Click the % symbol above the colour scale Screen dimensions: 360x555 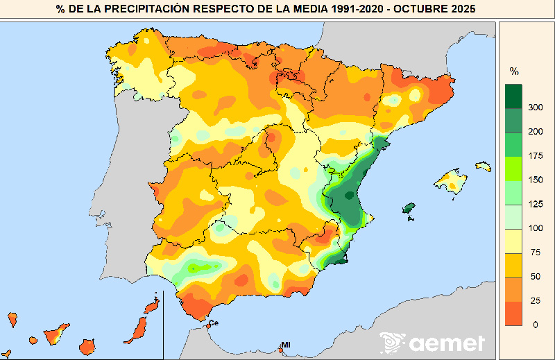514,71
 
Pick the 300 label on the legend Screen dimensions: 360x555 534,108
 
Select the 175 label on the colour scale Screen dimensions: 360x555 534,155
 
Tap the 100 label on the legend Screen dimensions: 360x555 534,228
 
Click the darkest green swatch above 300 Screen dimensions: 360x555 513,96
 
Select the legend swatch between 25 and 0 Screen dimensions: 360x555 513,313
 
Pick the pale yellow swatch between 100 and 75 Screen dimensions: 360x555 513,240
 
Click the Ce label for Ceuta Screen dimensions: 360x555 214,323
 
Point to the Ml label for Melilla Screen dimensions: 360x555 285,345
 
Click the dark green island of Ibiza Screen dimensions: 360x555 409,208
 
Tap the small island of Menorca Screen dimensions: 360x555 483,166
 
